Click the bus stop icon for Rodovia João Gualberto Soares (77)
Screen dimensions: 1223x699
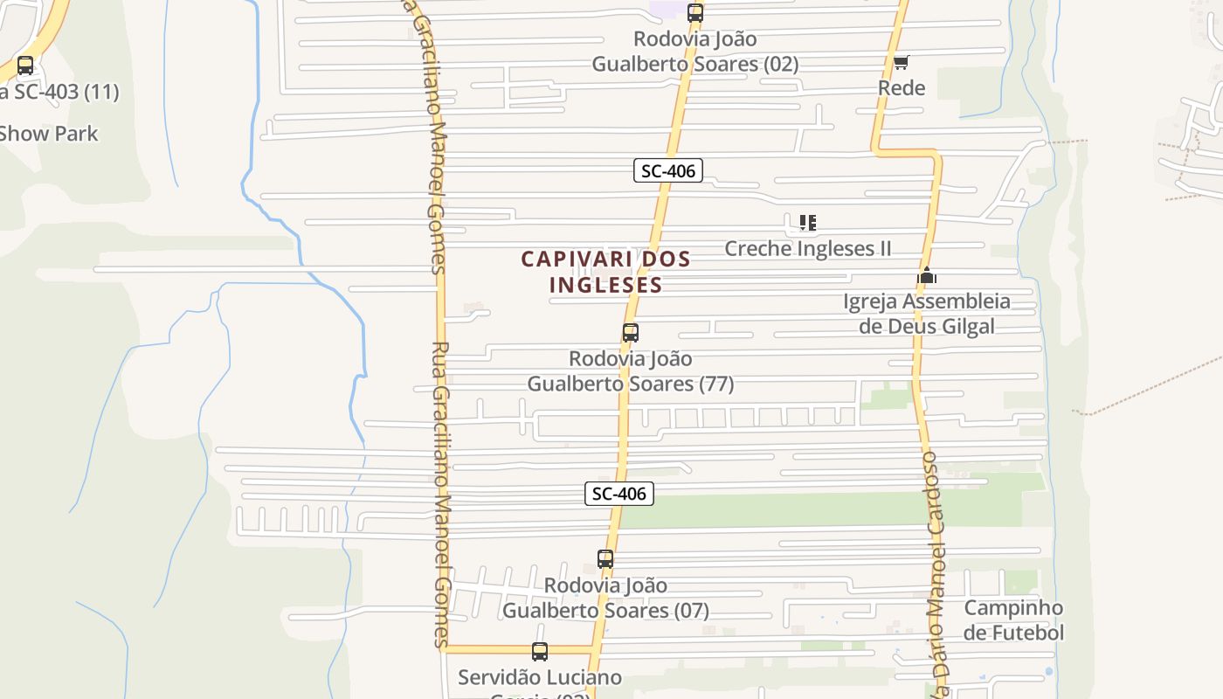coord(631,333)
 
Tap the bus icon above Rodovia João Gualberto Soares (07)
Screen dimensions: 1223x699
coord(605,559)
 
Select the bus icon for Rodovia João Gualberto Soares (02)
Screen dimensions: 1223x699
coord(695,13)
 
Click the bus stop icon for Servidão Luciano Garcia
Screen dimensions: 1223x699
coord(540,652)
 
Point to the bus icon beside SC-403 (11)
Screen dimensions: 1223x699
coord(25,66)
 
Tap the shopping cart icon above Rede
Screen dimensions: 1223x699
coord(902,62)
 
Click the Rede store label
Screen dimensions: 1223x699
coord(902,87)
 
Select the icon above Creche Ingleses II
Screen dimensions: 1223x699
coord(808,223)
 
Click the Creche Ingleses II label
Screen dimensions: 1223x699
coord(808,248)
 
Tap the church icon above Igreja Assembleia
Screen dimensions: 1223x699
coord(927,276)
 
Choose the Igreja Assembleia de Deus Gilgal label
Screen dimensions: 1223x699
coord(927,314)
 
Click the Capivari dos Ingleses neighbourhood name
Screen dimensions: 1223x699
coord(606,272)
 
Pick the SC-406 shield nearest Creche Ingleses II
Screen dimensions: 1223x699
coord(668,170)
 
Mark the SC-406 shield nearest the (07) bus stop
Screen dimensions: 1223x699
coord(619,494)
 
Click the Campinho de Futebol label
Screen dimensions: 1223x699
coord(1014,620)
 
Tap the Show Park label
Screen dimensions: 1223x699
coord(49,134)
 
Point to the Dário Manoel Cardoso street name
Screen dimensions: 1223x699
coord(935,568)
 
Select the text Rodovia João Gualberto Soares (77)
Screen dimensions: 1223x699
coord(631,371)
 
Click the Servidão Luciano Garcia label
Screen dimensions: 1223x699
coord(540,678)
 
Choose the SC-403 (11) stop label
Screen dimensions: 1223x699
coord(59,92)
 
